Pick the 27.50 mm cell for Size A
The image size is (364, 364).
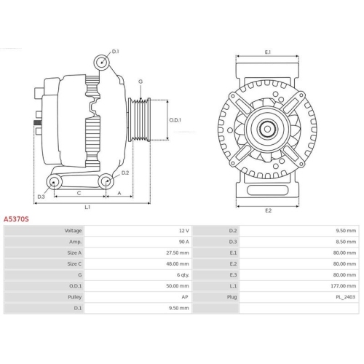(x=178, y=252)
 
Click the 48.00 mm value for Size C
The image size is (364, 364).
(x=178, y=264)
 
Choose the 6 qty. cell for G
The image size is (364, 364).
(x=183, y=274)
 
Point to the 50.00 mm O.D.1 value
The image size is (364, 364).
(x=178, y=286)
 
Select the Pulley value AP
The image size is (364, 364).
(x=186, y=297)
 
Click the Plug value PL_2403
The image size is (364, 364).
(x=347, y=297)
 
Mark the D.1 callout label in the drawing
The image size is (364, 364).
(x=116, y=51)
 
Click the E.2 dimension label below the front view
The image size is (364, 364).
(x=267, y=210)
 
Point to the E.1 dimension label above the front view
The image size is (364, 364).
(x=267, y=52)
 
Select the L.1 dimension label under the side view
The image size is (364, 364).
(x=87, y=207)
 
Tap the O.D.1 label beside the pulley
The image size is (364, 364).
(x=175, y=119)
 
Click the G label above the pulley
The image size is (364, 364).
(x=140, y=82)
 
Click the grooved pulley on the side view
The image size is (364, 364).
(x=139, y=120)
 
